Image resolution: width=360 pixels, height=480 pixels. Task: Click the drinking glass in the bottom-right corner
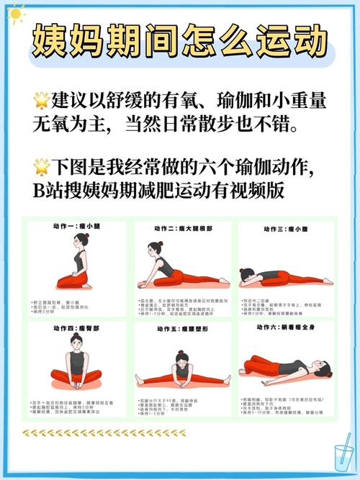pos(341,455)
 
